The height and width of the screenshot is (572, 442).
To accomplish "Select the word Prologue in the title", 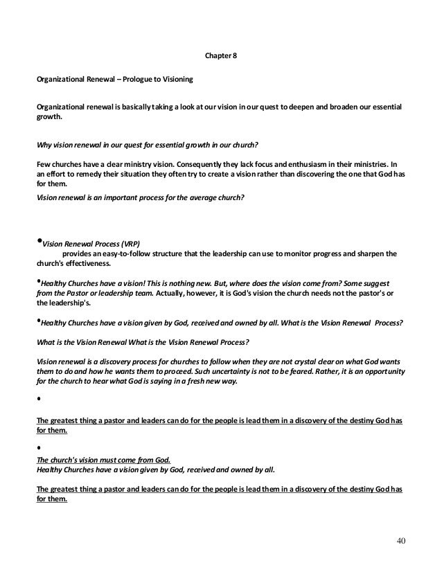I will click(140, 79).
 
